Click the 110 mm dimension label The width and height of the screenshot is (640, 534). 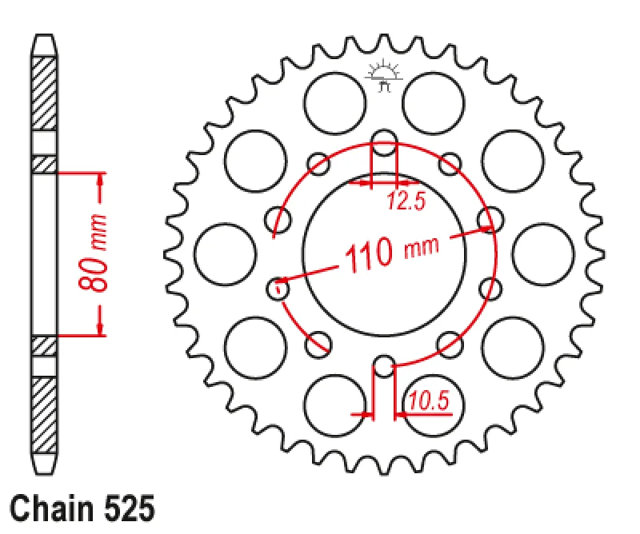click(392, 253)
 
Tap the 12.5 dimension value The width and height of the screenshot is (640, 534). click(406, 201)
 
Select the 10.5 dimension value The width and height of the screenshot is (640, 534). click(428, 400)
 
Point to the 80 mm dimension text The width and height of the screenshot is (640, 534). click(93, 253)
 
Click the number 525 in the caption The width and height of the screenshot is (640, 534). click(130, 508)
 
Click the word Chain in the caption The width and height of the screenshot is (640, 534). click(51, 508)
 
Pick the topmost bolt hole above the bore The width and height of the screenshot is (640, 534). click(384, 142)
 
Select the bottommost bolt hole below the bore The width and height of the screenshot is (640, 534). click(384, 366)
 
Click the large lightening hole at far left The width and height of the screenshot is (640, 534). click(225, 254)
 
